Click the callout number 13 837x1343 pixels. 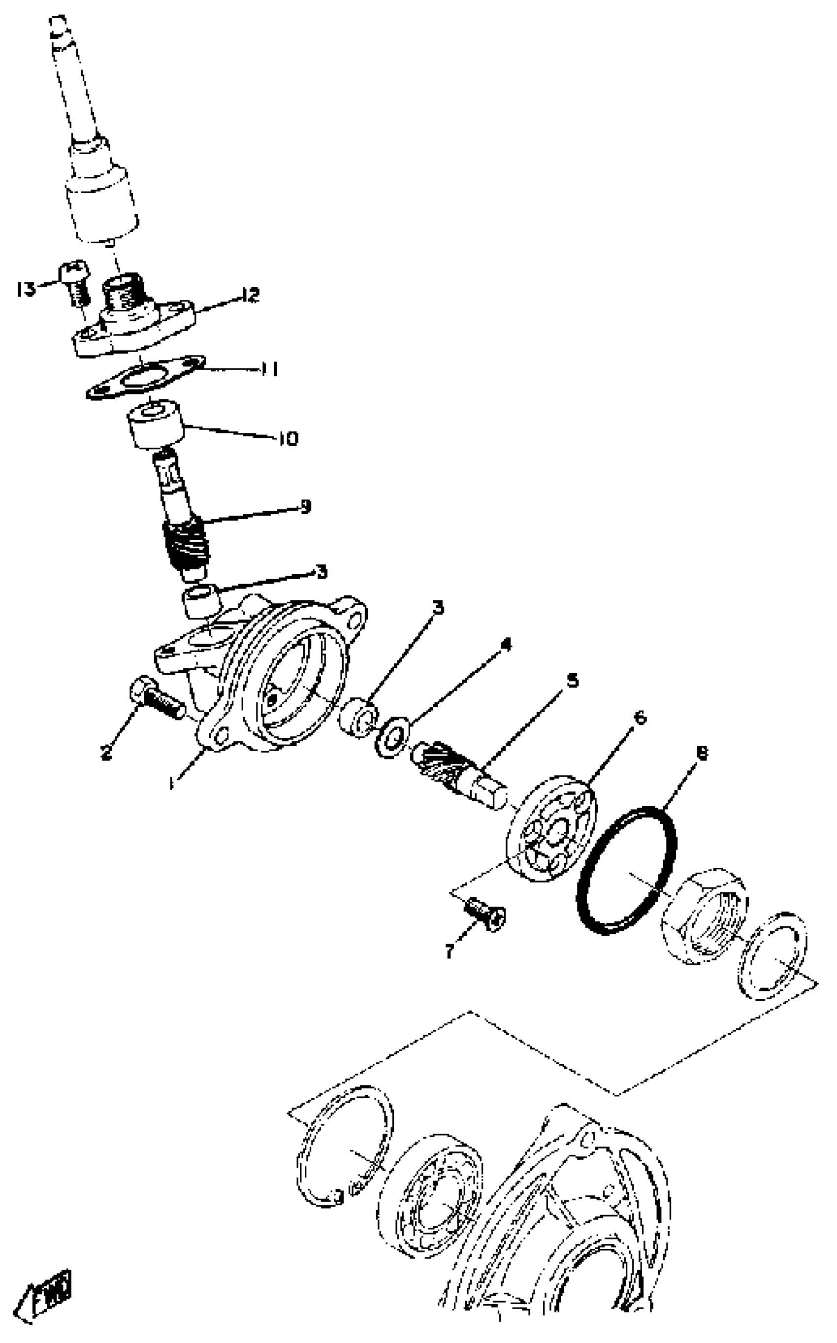click(x=26, y=289)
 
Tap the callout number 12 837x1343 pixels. click(x=250, y=295)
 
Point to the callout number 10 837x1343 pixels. click(x=288, y=439)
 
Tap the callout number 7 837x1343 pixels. click(x=450, y=951)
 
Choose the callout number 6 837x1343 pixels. click(x=640, y=718)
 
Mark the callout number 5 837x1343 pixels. click(x=573, y=680)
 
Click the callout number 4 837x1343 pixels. click(x=506, y=643)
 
